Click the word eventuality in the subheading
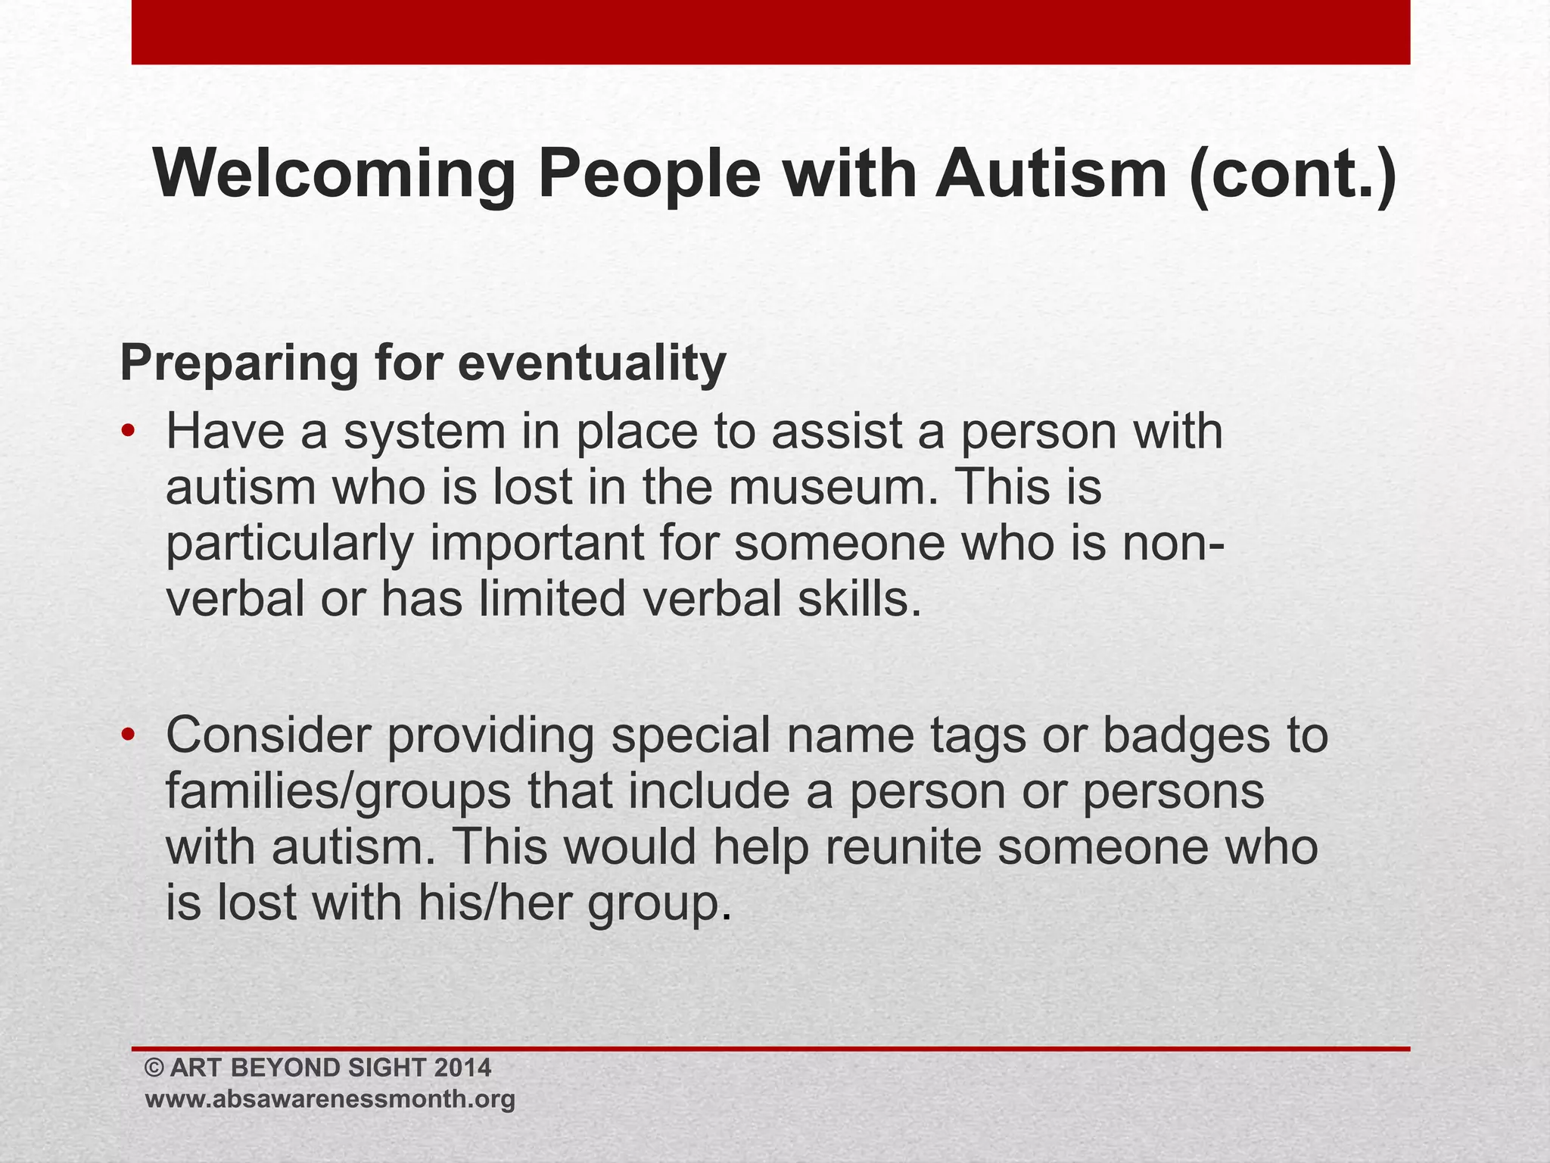(592, 363)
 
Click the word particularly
(289, 544)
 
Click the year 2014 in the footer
(463, 1068)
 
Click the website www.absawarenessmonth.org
(330, 1099)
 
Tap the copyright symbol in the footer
(154, 1068)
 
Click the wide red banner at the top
(770, 32)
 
